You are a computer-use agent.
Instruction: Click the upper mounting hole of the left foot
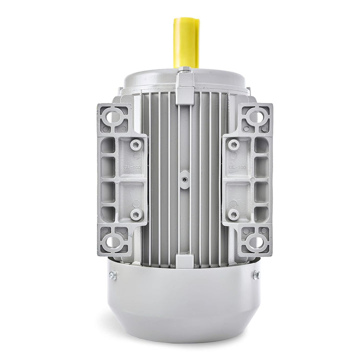coord(114,117)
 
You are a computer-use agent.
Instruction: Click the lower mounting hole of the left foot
coord(114,242)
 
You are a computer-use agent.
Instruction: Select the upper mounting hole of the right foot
coord(255,117)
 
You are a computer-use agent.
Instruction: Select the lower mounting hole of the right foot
coord(255,242)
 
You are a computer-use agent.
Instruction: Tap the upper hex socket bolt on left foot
coord(135,144)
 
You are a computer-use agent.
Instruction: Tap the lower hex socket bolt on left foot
coord(135,214)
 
